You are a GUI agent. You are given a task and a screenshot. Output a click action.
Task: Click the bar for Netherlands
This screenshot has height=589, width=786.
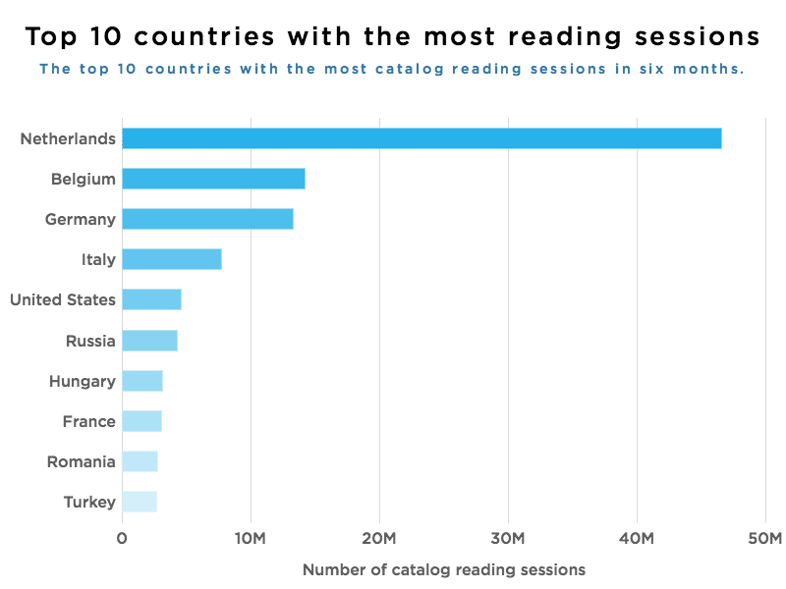click(421, 138)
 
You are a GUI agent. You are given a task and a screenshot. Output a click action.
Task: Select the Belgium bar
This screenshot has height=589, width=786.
click(213, 179)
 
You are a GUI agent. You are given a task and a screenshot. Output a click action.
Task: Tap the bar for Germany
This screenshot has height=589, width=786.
click(207, 219)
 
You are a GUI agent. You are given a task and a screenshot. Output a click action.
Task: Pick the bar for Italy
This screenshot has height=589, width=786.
click(172, 259)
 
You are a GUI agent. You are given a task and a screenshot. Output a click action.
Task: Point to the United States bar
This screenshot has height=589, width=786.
click(151, 299)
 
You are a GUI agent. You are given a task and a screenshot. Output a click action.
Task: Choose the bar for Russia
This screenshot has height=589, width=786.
click(149, 341)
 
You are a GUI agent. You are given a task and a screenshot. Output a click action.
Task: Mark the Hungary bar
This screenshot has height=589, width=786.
click(142, 381)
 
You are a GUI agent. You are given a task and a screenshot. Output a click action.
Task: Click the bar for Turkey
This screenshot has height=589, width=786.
click(140, 502)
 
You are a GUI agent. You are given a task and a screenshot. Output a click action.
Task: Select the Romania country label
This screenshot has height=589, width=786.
click(82, 461)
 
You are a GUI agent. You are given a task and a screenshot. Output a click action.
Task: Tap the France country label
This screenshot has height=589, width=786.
click(88, 421)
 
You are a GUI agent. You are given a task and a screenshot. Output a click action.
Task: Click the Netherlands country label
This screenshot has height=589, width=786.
click(69, 138)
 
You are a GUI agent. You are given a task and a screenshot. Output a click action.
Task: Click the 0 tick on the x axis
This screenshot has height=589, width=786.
click(122, 538)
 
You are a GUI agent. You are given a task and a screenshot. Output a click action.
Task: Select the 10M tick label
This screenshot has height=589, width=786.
click(251, 538)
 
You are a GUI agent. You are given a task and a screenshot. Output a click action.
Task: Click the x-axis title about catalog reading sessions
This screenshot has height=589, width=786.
click(444, 569)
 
